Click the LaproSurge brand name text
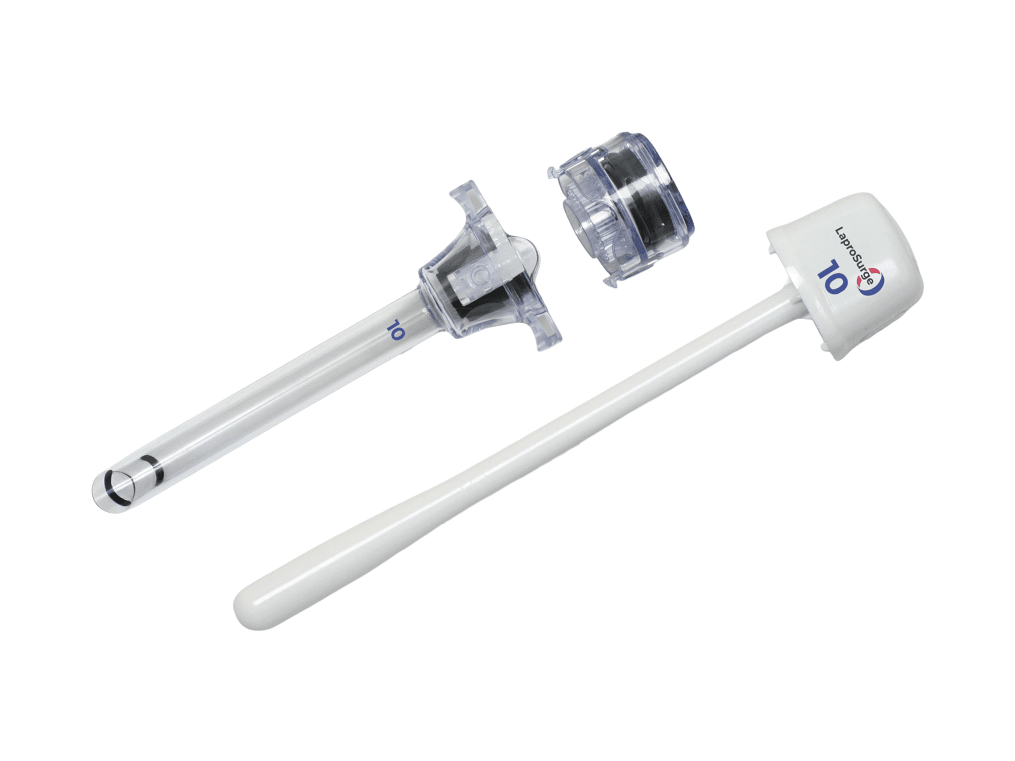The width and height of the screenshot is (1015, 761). click(x=853, y=256)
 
